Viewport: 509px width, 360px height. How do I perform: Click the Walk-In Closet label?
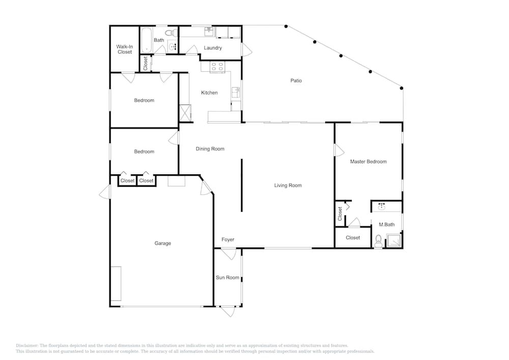coord(125,49)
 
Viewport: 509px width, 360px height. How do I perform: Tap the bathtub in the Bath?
coord(147,40)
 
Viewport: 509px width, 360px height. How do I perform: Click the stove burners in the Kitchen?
coord(217,67)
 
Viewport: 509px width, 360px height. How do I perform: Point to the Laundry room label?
coord(213,48)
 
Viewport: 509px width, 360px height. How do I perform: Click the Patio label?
coord(296,80)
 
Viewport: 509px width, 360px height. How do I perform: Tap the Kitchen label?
coord(209,93)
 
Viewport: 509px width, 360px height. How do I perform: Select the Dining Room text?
coord(210,149)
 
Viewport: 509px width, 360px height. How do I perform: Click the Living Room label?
coord(288,185)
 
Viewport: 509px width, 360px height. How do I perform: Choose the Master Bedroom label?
coord(369,161)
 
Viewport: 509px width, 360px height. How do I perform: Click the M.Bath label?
coord(387,225)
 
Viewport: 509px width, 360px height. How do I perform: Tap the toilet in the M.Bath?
coord(379,241)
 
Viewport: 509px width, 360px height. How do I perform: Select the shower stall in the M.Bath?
coord(394,240)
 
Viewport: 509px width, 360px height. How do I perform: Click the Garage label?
coord(163,243)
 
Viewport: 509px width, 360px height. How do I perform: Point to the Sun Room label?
coord(228,278)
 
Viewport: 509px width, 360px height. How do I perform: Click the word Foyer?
coord(228,239)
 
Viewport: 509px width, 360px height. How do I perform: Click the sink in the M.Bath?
coord(382,206)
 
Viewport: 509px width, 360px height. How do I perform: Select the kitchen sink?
coord(236,93)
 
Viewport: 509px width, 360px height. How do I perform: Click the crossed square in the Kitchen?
coord(185,113)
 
